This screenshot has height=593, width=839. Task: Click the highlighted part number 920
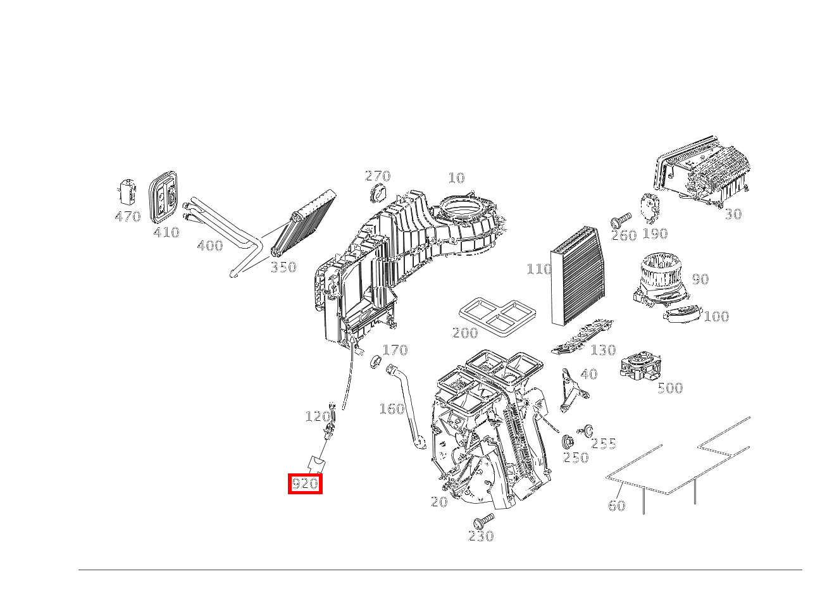click(305, 484)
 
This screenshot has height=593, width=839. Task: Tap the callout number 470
click(127, 217)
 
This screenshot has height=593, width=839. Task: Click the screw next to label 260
click(620, 221)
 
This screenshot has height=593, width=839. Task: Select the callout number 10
click(456, 178)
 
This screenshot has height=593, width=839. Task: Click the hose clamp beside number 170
click(375, 362)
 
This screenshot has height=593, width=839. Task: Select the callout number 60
click(616, 505)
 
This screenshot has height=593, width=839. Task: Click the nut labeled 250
click(568, 442)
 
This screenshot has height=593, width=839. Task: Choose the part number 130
click(602, 350)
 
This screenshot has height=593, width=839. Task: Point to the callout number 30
click(733, 214)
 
